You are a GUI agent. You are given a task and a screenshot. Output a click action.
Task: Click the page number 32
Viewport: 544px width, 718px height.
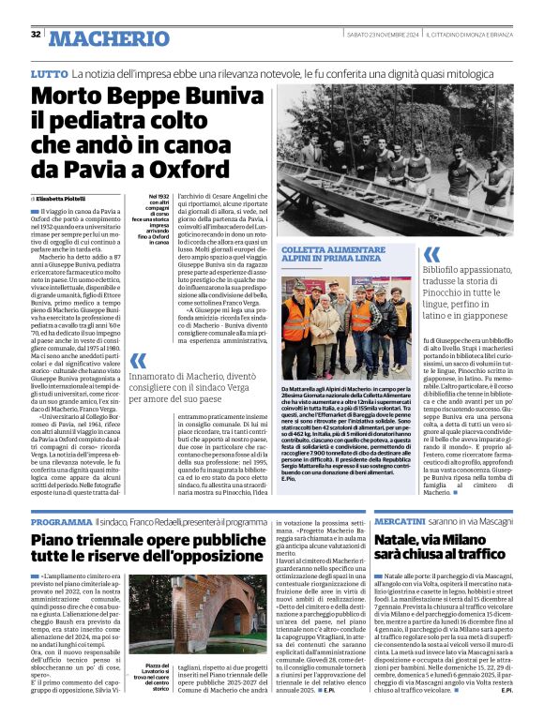(36, 35)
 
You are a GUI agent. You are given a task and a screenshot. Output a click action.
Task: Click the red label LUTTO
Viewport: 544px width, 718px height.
(49, 73)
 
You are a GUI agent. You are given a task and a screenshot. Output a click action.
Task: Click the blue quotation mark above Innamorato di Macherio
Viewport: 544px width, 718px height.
(139, 360)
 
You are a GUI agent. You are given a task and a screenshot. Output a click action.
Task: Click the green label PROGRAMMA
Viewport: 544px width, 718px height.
(61, 520)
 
